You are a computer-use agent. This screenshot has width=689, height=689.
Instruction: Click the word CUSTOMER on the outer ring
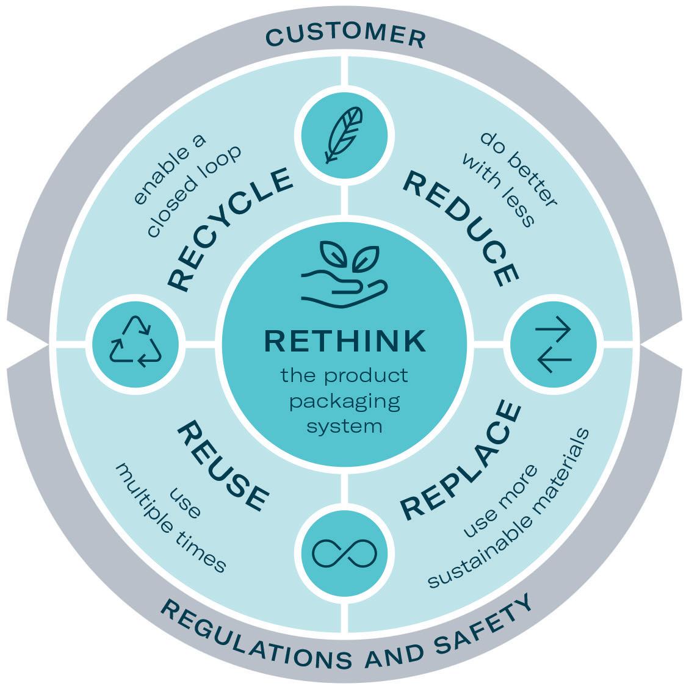pyautogui.click(x=345, y=35)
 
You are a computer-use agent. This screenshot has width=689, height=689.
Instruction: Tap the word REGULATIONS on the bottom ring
pyautogui.click(x=256, y=641)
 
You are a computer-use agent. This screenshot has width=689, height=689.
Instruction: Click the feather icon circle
pyautogui.click(x=341, y=135)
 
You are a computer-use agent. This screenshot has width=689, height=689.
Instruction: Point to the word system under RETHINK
pyautogui.click(x=345, y=425)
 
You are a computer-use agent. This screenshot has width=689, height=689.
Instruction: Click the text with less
pyautogui.click(x=497, y=189)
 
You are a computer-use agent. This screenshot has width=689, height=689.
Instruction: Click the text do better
pyautogui.click(x=518, y=168)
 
